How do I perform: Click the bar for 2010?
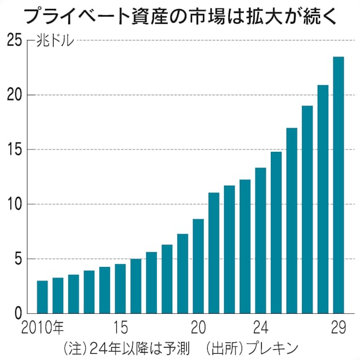click(42, 297)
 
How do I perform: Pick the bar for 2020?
click(198, 266)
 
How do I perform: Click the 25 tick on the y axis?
click(15, 41)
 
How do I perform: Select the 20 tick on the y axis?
click(15, 95)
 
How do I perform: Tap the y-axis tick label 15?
click(15, 150)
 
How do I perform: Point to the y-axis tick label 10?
click(15, 204)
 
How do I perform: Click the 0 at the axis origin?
click(19, 314)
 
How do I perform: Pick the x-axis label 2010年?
click(43, 328)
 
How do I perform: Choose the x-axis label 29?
click(338, 328)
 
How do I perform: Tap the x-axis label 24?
click(260, 328)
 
